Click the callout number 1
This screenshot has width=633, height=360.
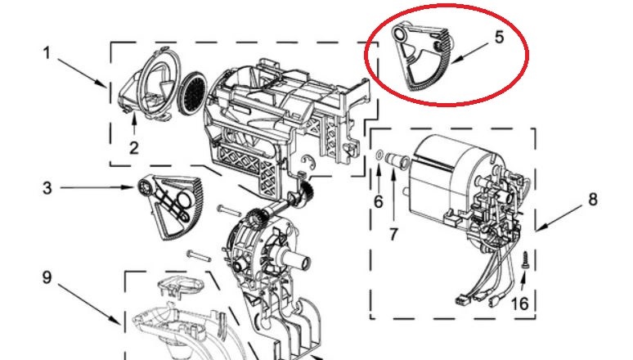[x=47, y=53]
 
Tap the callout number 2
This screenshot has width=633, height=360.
[x=134, y=147]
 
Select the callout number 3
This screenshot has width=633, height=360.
[x=47, y=188]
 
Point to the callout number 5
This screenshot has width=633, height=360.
[x=499, y=37]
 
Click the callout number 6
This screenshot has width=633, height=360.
[x=379, y=200]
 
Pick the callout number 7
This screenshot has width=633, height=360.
[x=393, y=234]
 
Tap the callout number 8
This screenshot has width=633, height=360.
[x=592, y=199]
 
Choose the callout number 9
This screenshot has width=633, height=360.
[x=47, y=277]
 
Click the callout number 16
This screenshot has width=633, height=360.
[x=519, y=304]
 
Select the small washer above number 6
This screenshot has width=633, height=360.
[x=379, y=155]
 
